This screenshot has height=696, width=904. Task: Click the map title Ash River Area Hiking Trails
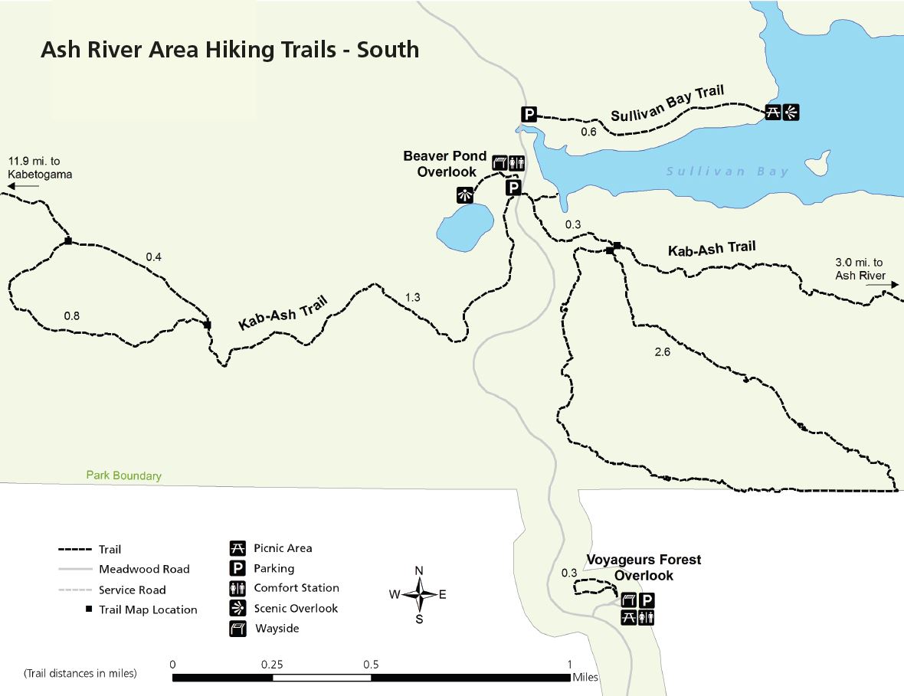[x=229, y=51]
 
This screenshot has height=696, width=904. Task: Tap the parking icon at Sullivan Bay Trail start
[x=529, y=115]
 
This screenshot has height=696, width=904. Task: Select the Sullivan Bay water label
[x=727, y=172]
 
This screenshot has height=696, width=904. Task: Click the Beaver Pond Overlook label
[x=445, y=164]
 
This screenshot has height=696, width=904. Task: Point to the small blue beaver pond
[x=465, y=227]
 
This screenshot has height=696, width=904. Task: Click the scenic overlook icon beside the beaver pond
[x=463, y=194]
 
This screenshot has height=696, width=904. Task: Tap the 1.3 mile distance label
[x=412, y=297]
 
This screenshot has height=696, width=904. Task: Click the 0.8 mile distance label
[x=72, y=315]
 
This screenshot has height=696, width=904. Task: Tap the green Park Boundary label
[x=123, y=475]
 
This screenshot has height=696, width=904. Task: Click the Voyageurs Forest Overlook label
[x=644, y=567]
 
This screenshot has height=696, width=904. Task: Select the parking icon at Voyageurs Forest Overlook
[x=647, y=600]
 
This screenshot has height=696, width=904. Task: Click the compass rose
[x=419, y=594]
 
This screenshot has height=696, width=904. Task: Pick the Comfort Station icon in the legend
[x=237, y=588]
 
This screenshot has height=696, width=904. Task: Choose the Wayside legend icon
[x=237, y=629]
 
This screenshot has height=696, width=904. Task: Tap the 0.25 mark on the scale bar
[x=272, y=665]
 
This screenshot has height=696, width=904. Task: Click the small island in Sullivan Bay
[x=817, y=164]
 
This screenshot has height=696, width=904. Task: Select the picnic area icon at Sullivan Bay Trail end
[x=773, y=113]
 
